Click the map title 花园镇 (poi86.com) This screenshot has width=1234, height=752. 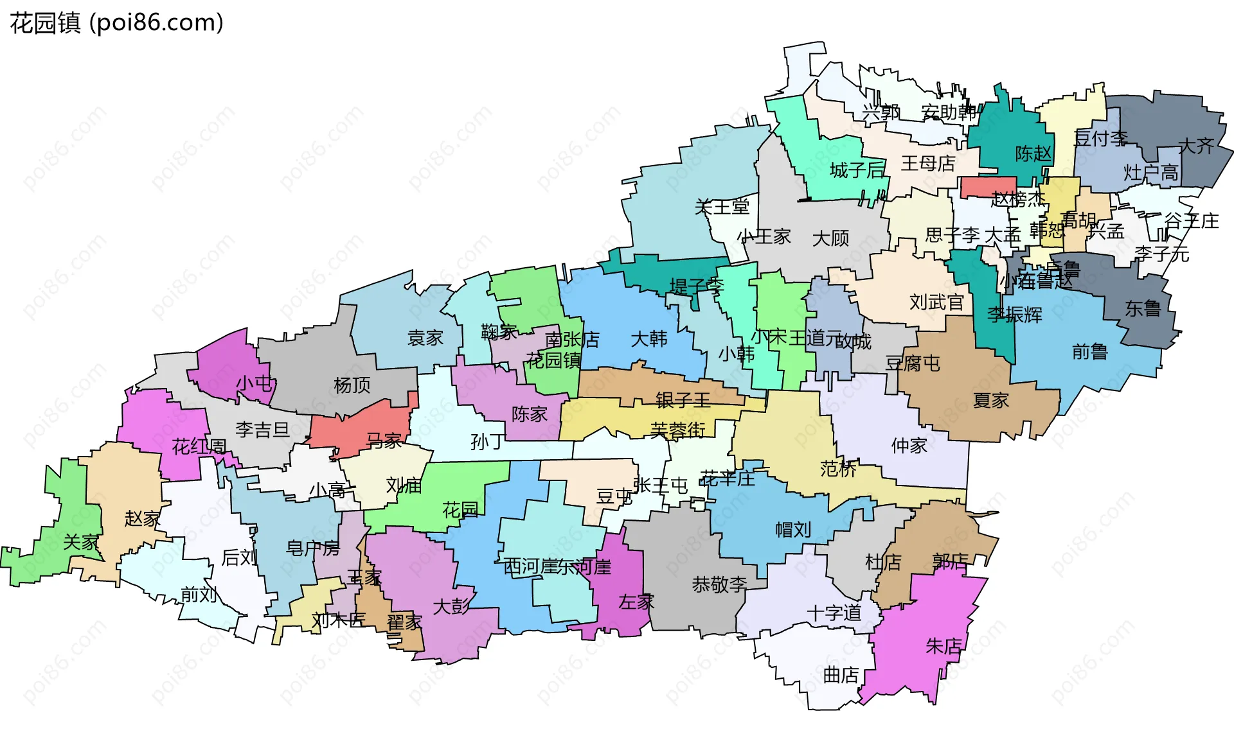coord(116,23)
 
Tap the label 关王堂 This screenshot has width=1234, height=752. coord(722,207)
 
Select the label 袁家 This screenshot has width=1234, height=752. coord(425,338)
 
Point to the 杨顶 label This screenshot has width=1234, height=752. coord(352,385)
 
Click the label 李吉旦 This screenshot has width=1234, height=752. coord(262,430)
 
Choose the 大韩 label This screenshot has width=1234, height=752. coord(649,338)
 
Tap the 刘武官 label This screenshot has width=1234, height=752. coord(936,302)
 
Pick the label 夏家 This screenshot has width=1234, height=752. coord(990,401)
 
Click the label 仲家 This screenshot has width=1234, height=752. coord(909,446)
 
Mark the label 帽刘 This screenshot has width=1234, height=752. coord(793,530)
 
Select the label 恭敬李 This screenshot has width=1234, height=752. coord(719,584)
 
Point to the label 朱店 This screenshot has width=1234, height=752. coord(943,645)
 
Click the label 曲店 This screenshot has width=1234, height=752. coord(841,675)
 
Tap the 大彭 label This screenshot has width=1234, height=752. coord(451,606)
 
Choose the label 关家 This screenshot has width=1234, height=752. coord(81,543)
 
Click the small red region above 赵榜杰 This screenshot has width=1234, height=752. coord(988,186)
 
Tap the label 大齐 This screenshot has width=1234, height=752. coord(1196,146)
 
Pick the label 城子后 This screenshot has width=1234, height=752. coord(857,170)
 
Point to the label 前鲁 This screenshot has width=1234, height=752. coord(1090,351)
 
